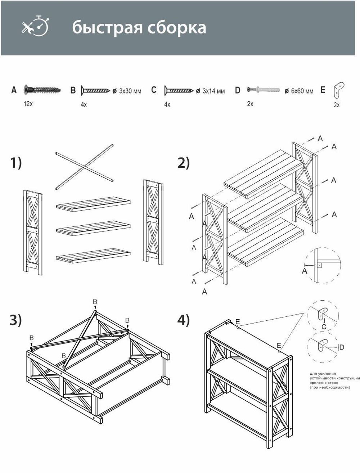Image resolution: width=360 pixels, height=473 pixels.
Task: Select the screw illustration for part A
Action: click(x=42, y=89)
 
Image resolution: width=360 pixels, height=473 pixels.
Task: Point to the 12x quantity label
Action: click(x=28, y=104)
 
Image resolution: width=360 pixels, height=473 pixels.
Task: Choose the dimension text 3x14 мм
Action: click(x=213, y=91)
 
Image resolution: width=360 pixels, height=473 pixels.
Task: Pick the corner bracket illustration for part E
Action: click(x=338, y=90)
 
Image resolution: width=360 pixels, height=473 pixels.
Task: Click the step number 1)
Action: click(x=16, y=163)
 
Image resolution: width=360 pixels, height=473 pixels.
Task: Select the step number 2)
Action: click(x=183, y=163)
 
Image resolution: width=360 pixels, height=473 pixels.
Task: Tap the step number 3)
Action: click(x=16, y=320)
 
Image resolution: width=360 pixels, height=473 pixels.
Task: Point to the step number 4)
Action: click(x=183, y=320)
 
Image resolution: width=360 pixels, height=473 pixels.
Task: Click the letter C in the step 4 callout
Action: click(x=324, y=327)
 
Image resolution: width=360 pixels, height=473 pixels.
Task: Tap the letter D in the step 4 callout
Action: click(x=342, y=347)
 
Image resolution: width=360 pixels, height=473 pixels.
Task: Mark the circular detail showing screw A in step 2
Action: click(x=322, y=266)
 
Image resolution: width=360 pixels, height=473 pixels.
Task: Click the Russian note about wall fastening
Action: click(x=334, y=381)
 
